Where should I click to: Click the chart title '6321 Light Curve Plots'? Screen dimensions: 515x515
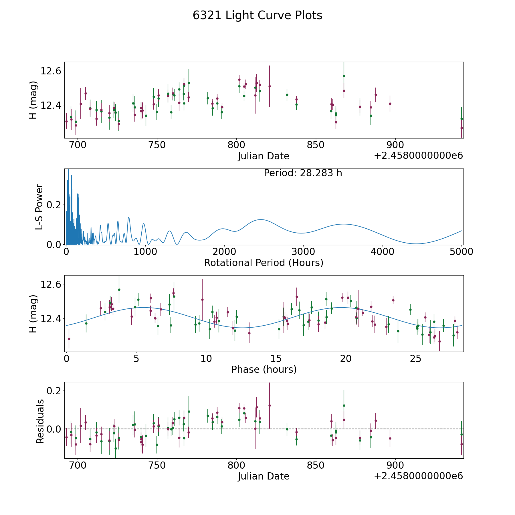click(x=257, y=15)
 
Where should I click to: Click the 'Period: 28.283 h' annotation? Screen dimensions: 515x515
click(x=303, y=173)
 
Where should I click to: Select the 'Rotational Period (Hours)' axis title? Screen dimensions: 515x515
click(x=264, y=263)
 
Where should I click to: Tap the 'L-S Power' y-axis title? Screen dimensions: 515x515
click(x=39, y=207)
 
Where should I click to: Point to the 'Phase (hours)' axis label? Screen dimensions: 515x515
click(x=264, y=369)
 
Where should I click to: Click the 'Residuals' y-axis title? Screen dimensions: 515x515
click(x=40, y=421)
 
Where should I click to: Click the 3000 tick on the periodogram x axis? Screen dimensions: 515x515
click(x=303, y=252)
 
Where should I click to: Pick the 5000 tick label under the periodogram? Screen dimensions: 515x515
click(x=461, y=252)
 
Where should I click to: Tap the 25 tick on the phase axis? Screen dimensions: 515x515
click(x=416, y=358)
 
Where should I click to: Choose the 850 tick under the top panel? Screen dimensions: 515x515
click(x=316, y=145)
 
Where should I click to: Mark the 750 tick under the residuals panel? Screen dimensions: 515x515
click(x=157, y=466)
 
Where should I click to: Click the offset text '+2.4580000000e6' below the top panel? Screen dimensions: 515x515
click(x=418, y=156)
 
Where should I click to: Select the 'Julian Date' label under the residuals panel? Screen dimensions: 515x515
click(x=264, y=476)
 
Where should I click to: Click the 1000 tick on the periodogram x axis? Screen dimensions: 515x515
click(x=145, y=252)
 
